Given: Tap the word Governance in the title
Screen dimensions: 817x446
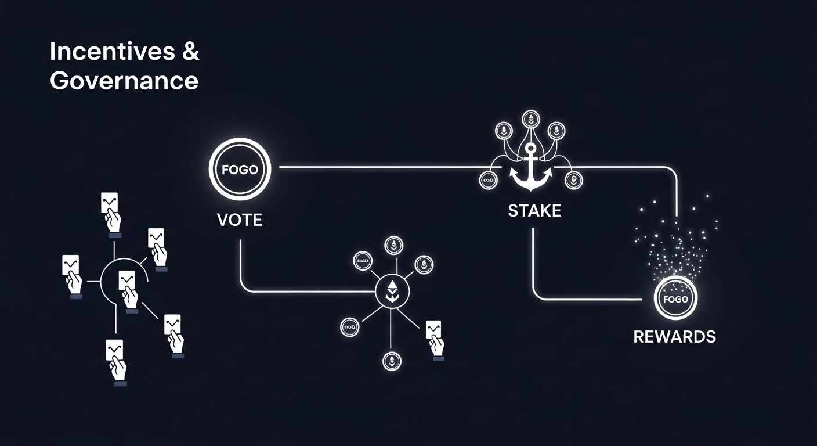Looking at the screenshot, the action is tap(124, 80).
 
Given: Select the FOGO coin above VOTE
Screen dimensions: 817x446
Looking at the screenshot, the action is tap(240, 170).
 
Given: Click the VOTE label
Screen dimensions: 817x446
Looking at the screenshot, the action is tap(239, 220).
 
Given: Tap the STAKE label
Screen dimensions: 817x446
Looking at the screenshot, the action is tap(534, 210).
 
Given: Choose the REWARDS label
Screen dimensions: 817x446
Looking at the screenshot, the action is tap(675, 336).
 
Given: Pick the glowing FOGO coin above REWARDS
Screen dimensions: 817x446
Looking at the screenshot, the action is tap(675, 300).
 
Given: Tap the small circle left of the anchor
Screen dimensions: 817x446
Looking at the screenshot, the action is tap(487, 181).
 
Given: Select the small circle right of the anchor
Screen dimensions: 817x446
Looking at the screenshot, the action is tap(574, 181).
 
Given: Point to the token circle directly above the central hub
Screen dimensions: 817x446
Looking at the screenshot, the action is tap(393, 246).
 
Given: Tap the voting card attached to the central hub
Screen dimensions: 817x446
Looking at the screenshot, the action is tap(434, 337).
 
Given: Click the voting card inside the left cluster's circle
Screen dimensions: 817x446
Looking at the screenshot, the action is tap(128, 289).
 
